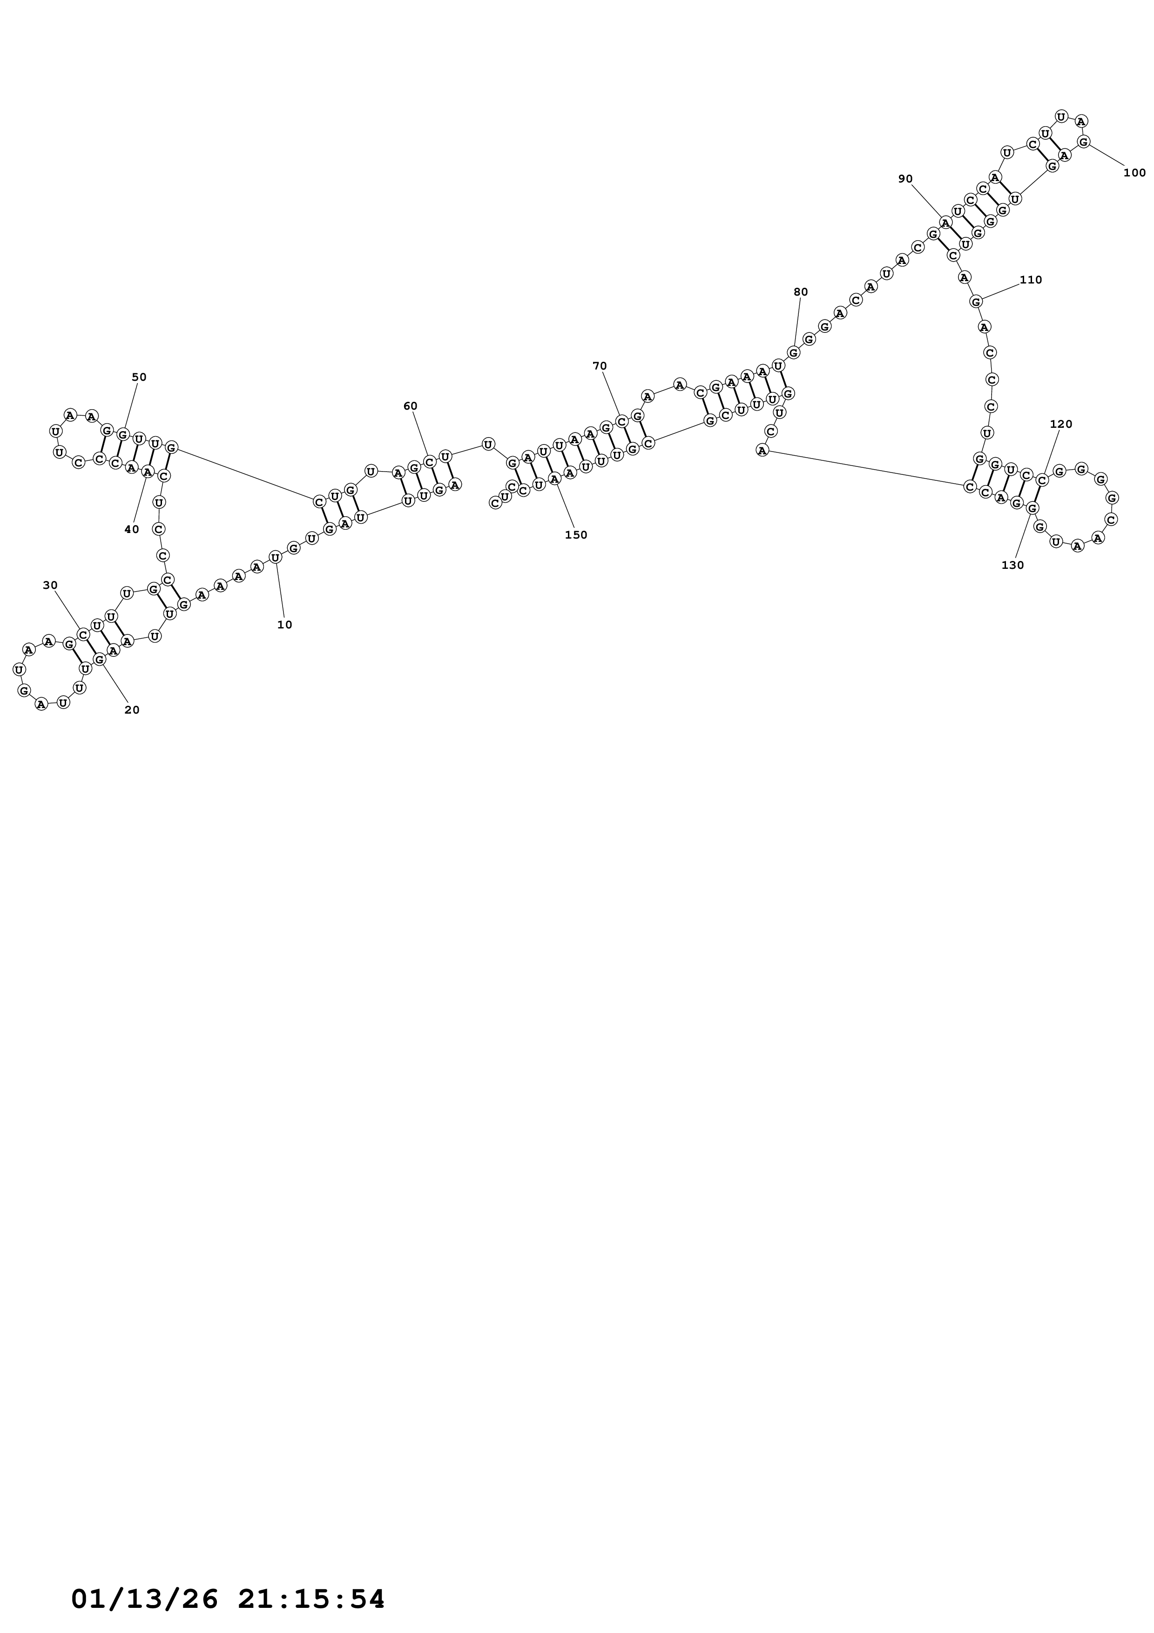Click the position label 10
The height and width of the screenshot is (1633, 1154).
pyautogui.click(x=284, y=625)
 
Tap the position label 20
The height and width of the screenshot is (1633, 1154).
pyautogui.click(x=132, y=710)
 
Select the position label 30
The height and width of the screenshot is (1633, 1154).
pyautogui.click(x=50, y=585)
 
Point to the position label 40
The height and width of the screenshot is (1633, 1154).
pyautogui.click(x=132, y=529)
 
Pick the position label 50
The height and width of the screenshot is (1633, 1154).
pyautogui.click(x=139, y=377)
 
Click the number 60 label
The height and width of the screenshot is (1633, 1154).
pyautogui.click(x=410, y=406)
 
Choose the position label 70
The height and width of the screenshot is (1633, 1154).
pyautogui.click(x=600, y=366)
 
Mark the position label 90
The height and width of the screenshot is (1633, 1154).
pyautogui.click(x=905, y=178)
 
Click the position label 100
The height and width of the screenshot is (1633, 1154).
pyautogui.click(x=1135, y=173)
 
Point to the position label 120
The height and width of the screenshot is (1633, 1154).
pyautogui.click(x=1061, y=425)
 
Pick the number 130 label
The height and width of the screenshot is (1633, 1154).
pyautogui.click(x=1012, y=566)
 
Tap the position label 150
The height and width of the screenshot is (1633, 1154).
pyautogui.click(x=576, y=535)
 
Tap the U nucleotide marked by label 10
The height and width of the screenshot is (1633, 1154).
pyautogui.click(x=275, y=557)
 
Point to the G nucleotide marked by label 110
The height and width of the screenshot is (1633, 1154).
pyautogui.click(x=976, y=302)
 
